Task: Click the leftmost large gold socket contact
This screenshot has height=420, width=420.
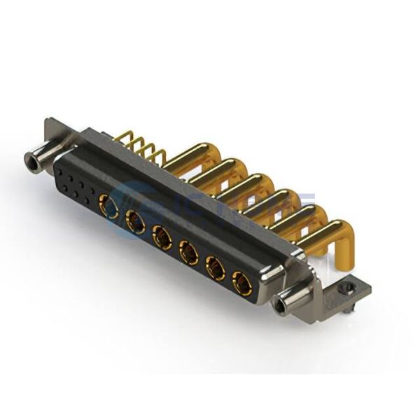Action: click(110, 206)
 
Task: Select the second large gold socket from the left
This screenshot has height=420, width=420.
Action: click(135, 223)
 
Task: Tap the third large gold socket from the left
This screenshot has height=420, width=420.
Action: click(162, 238)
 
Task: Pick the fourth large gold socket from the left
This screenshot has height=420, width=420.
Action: click(188, 253)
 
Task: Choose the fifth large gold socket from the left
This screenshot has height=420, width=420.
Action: click(215, 269)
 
